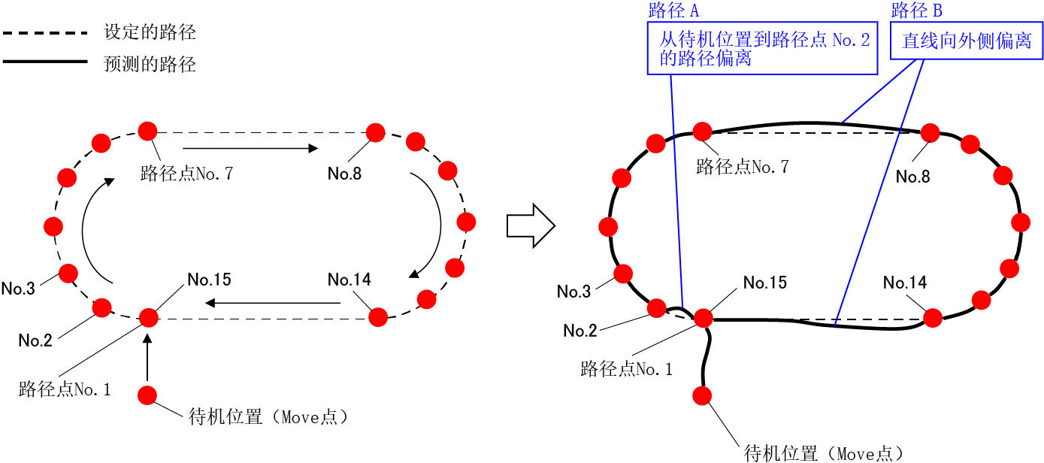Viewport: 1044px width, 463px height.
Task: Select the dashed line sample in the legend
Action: [45, 33]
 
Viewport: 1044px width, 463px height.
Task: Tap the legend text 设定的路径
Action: [150, 33]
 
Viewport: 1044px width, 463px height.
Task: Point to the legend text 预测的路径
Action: [150, 65]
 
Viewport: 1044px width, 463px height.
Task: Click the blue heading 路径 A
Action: [673, 11]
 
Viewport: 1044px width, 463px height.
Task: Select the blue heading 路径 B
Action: [916, 11]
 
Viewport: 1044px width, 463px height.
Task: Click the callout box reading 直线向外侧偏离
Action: [967, 41]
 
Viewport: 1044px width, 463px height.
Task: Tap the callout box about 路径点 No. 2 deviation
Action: [763, 49]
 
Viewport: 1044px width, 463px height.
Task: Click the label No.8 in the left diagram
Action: [344, 174]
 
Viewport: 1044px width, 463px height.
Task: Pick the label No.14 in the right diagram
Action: [905, 283]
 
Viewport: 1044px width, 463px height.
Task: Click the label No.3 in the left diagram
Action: [18, 289]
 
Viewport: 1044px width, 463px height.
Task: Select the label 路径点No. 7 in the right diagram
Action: [743, 167]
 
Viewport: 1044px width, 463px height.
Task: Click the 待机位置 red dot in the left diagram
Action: [147, 395]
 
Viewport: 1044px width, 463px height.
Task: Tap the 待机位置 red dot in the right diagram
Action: [704, 395]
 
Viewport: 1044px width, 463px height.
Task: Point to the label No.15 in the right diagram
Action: [765, 283]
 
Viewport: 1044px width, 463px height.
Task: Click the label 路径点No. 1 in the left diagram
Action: [65, 389]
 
